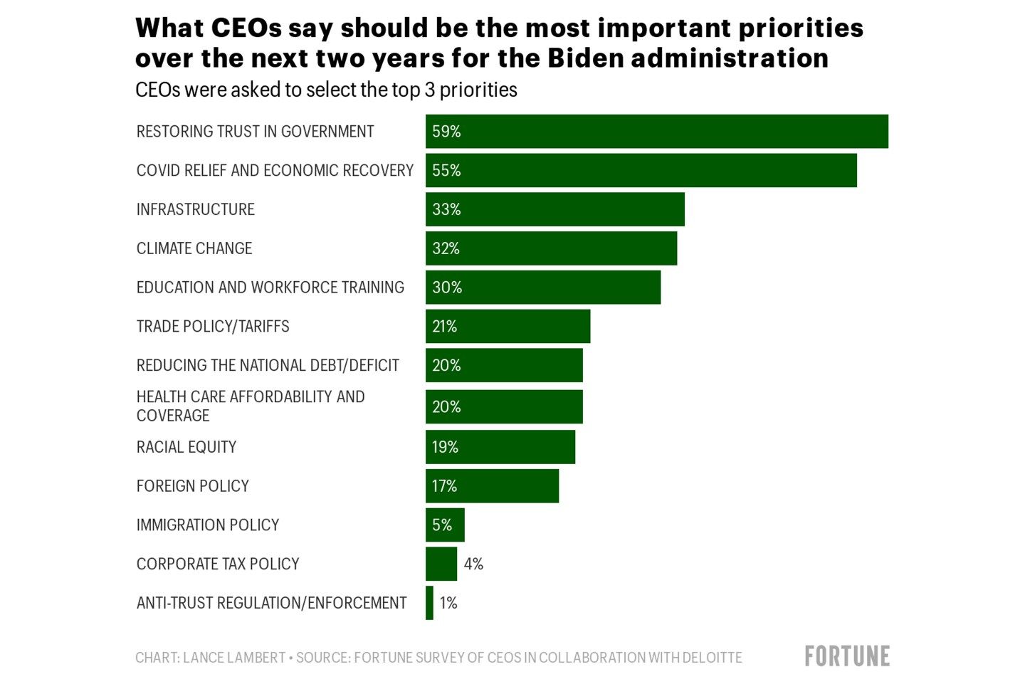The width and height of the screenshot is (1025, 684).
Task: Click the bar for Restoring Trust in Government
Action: pos(656,132)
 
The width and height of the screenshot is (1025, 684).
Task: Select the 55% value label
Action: pos(446,171)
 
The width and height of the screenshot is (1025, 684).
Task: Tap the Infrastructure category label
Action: pos(195,209)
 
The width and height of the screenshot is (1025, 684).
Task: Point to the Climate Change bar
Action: pos(551,248)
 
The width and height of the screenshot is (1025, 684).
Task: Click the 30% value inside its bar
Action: pos(447,288)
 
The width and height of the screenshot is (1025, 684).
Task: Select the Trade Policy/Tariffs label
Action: pos(213,327)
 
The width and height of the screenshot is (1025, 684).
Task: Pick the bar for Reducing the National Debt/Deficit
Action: pos(504,365)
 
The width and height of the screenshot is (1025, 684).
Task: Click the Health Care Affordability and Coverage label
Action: pos(250,406)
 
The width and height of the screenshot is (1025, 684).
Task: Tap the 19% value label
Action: pos(445,447)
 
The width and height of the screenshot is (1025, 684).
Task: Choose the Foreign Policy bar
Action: pos(492,486)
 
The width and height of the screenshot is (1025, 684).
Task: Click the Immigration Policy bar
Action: pos(445,525)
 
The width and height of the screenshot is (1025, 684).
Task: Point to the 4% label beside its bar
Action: pos(473,564)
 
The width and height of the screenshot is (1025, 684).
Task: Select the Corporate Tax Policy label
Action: pos(218,564)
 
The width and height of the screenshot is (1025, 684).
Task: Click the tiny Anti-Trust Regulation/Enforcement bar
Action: pos(429,603)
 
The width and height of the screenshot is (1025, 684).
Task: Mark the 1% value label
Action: pos(448,603)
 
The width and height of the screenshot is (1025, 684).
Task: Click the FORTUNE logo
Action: pos(847,656)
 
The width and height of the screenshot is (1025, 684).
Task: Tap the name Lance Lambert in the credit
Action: pos(234,658)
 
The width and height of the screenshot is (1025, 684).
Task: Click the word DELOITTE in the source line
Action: pos(711,658)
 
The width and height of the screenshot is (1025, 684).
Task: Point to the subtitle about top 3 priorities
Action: pos(326,90)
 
